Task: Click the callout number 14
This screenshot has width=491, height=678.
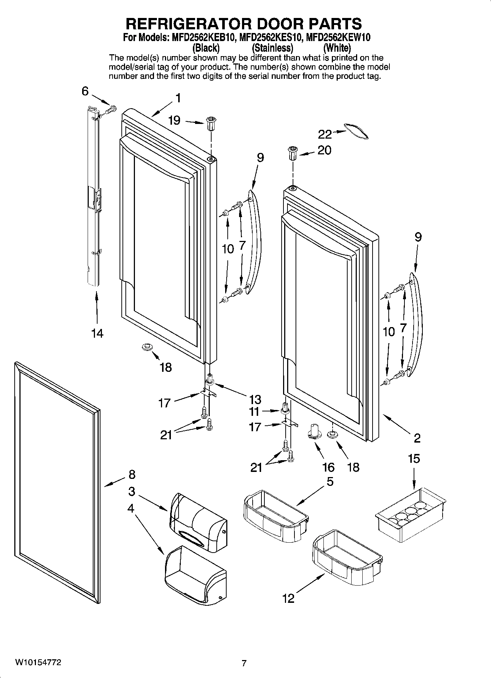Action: coord(98,333)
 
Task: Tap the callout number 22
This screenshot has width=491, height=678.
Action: coord(325,135)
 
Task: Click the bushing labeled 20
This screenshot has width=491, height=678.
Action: coord(293,153)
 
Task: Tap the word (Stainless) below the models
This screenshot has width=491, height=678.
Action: coord(272,48)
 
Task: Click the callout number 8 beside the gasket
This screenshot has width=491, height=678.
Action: coord(132,474)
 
